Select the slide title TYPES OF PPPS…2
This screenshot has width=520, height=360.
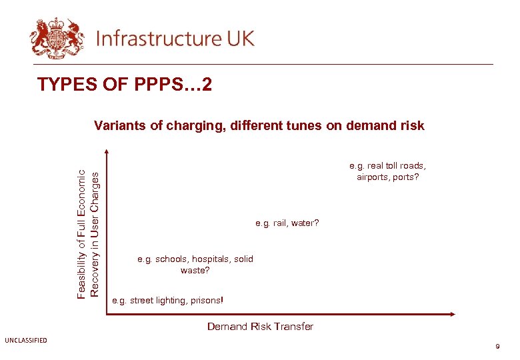pos(125,85)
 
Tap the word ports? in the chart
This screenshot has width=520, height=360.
pos(405,177)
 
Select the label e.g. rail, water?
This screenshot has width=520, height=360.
pos(287,223)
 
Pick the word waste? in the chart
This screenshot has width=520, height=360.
pos(195,271)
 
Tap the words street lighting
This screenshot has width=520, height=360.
pos(157,301)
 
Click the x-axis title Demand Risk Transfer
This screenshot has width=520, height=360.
pos(260,326)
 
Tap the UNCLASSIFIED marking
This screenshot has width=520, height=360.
pos(26,341)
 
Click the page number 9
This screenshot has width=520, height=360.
pos(497,347)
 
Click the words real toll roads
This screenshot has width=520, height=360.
pos(397,166)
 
